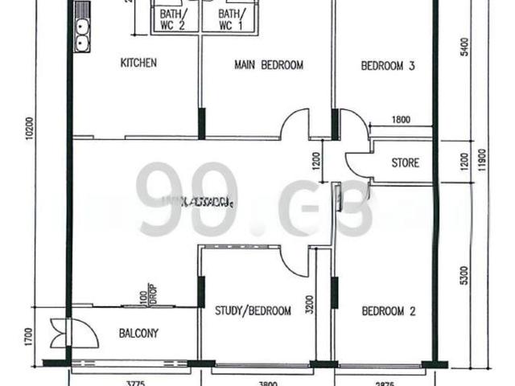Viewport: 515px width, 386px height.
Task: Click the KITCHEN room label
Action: tap(138, 64)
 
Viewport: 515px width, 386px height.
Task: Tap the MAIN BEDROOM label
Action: tap(269, 65)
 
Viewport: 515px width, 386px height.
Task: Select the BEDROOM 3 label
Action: tap(387, 66)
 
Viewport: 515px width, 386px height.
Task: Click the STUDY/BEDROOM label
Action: tap(253, 311)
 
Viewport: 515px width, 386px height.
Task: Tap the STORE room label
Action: tap(405, 163)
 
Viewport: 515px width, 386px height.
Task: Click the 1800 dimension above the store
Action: tap(400, 121)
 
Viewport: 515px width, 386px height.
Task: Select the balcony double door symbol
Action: tap(61, 333)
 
